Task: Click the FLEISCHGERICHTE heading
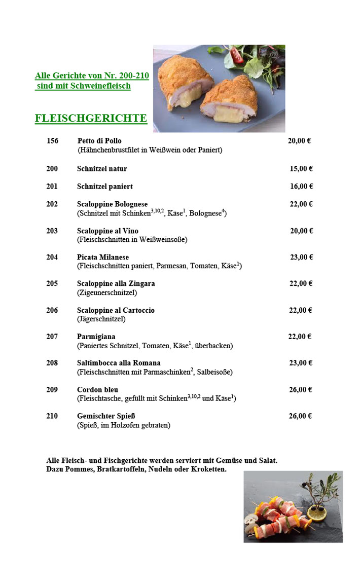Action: pyautogui.click(x=91, y=119)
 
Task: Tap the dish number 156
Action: pyautogui.click(x=53, y=141)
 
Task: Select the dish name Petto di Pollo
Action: pyautogui.click(x=99, y=141)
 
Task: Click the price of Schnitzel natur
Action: pyautogui.click(x=301, y=169)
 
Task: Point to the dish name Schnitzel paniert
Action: pyautogui.click(x=105, y=187)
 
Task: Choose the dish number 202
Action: pyautogui.click(x=52, y=204)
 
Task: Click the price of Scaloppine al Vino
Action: pyautogui.click(x=301, y=231)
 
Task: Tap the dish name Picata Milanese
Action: pyautogui.click(x=103, y=258)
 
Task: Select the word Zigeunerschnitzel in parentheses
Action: pyautogui.click(x=107, y=292)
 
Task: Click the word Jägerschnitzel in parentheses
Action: pyautogui.click(x=101, y=319)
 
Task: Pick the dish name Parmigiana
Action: pyautogui.click(x=96, y=337)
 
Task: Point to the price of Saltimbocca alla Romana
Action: pyautogui.click(x=301, y=363)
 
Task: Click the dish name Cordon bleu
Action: pyautogui.click(x=98, y=390)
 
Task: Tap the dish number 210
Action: pyautogui.click(x=52, y=416)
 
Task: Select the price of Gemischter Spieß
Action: pyautogui.click(x=301, y=416)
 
